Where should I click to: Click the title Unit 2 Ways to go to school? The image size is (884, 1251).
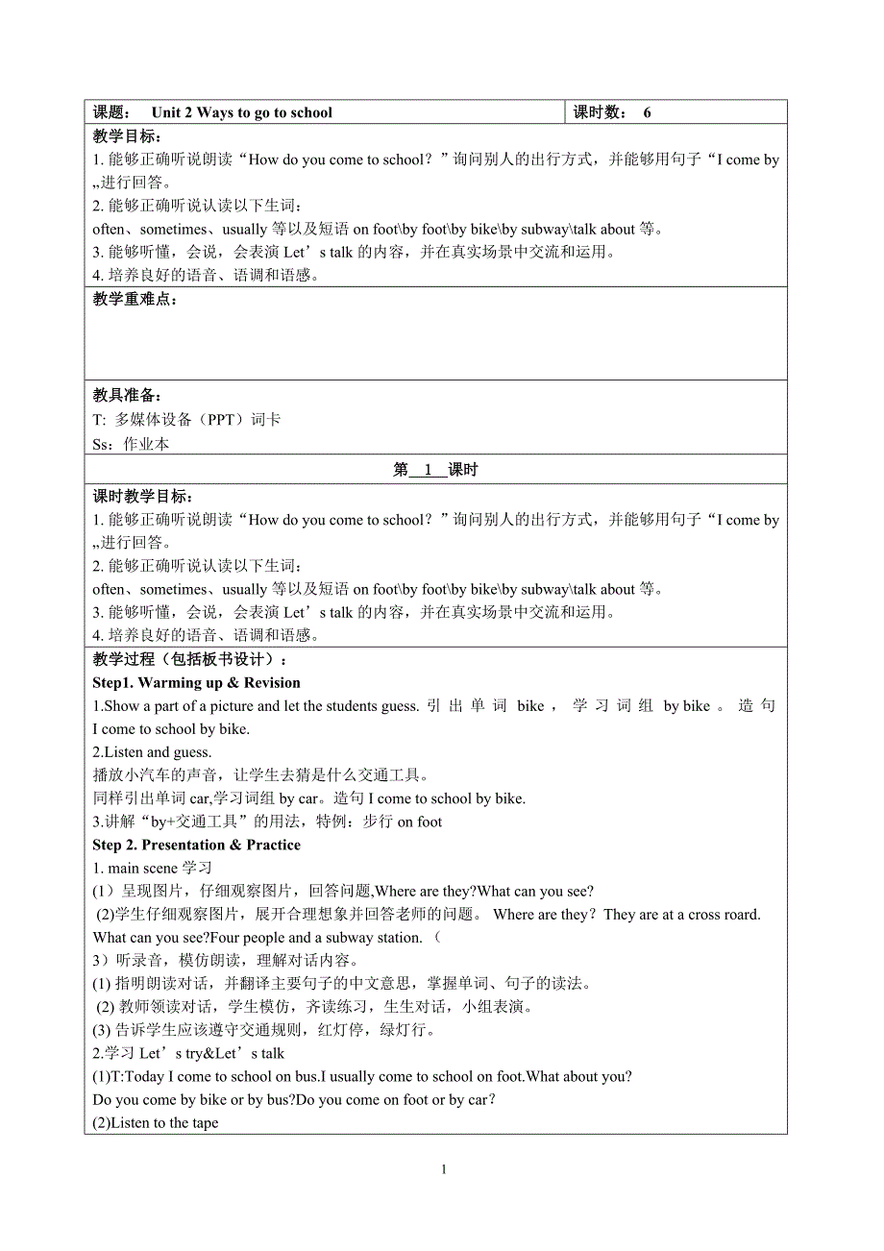[241, 112]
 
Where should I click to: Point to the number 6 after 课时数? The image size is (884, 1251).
[648, 112]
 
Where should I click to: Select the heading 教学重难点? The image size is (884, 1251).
[135, 299]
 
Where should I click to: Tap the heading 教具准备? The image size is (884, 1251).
[127, 396]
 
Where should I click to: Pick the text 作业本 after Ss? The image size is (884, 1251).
[147, 444]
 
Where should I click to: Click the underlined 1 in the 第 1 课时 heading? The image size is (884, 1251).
[429, 470]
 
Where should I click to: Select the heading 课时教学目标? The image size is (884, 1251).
[142, 497]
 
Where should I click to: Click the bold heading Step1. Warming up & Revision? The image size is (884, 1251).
[196, 683]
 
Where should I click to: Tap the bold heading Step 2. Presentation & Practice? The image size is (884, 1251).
[196, 846]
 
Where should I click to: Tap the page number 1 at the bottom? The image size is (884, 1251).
[443, 1169]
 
